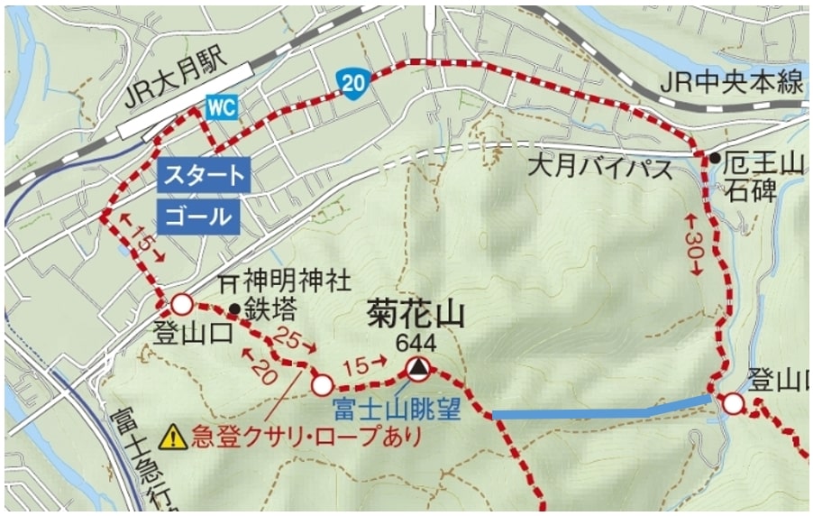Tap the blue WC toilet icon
coord(221,107)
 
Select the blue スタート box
coord(203,174)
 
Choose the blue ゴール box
coord(199,217)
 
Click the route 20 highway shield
coord(353,83)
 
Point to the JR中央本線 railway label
coord(731,83)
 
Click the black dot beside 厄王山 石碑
coord(714,159)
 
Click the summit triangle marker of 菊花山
coord(416,367)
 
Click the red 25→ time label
coord(296,341)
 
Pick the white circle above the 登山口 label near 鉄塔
coord(182,303)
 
